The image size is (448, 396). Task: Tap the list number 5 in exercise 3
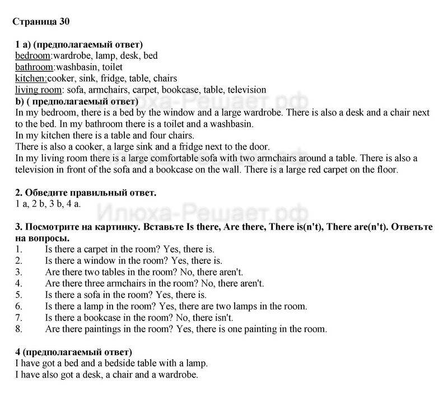18,295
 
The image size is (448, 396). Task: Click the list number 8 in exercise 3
18,329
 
